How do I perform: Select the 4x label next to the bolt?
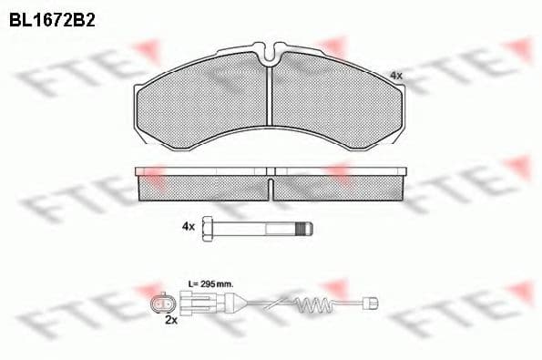[x=189, y=225]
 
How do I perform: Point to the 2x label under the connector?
[x=169, y=322]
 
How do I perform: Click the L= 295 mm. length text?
[x=210, y=283]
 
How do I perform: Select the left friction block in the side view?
[x=202, y=189]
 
